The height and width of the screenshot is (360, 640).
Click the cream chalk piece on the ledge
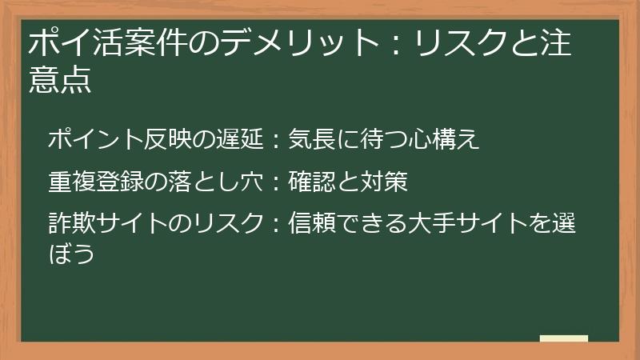(x=563, y=338)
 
